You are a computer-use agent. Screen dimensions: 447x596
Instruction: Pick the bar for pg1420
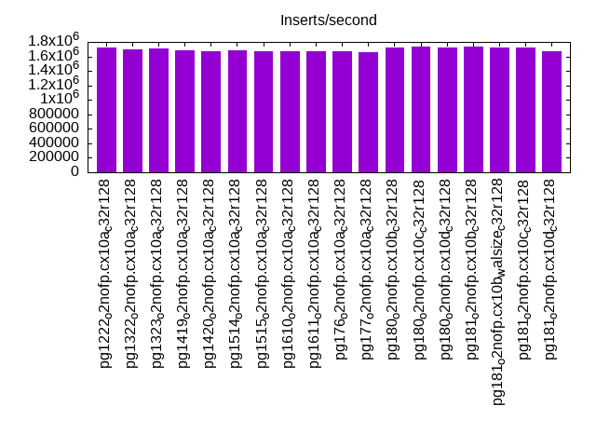211,112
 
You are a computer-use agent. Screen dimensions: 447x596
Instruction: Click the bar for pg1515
264,112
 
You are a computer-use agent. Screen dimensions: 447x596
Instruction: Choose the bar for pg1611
317,112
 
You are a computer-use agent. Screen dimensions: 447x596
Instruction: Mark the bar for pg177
369,112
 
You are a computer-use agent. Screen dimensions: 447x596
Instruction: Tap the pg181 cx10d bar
552,112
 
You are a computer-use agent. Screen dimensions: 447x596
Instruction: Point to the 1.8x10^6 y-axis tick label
53,41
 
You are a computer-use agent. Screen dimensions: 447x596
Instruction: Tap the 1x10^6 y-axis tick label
58,99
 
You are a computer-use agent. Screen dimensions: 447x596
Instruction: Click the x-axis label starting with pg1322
132,273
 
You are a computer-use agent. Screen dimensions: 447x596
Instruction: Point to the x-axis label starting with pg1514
237,273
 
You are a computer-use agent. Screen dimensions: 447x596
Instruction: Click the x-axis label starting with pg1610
290,273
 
